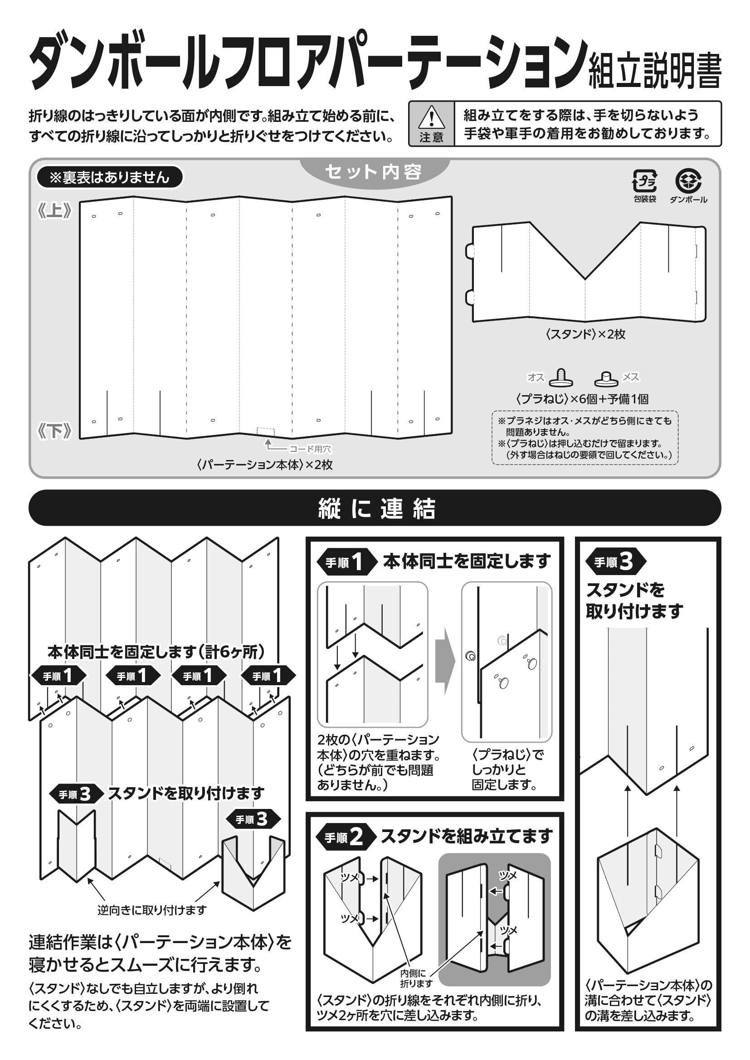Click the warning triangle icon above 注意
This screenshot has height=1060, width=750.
coord(431,117)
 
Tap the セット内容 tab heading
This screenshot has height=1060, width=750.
coord(374,172)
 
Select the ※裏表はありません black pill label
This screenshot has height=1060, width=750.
coord(109,177)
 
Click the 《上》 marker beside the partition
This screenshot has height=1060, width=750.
coord(55,211)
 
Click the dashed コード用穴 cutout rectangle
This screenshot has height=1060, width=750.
coord(266,432)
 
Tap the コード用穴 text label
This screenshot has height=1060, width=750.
coord(310,449)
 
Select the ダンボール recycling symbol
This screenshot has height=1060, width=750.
coord(688,181)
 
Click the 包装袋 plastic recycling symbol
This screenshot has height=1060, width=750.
coord(645,181)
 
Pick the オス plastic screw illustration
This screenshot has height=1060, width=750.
coord(560,378)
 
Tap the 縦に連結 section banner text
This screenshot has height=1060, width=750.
coord(377,508)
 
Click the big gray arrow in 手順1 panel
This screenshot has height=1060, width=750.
coord(445,661)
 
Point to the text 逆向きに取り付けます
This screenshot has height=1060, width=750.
coord(152,910)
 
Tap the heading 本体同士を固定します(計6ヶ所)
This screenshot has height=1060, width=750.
coord(156,652)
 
